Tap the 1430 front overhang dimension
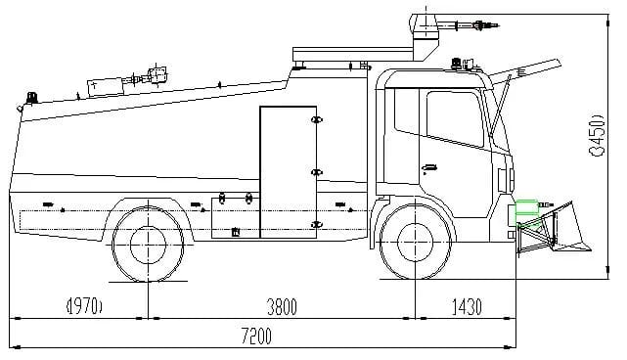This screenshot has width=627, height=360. click(x=466, y=307)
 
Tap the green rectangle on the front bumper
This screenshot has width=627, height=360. click(x=526, y=207)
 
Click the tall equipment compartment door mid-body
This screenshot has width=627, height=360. click(x=289, y=171)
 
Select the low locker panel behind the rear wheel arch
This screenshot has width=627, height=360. click(x=236, y=218)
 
